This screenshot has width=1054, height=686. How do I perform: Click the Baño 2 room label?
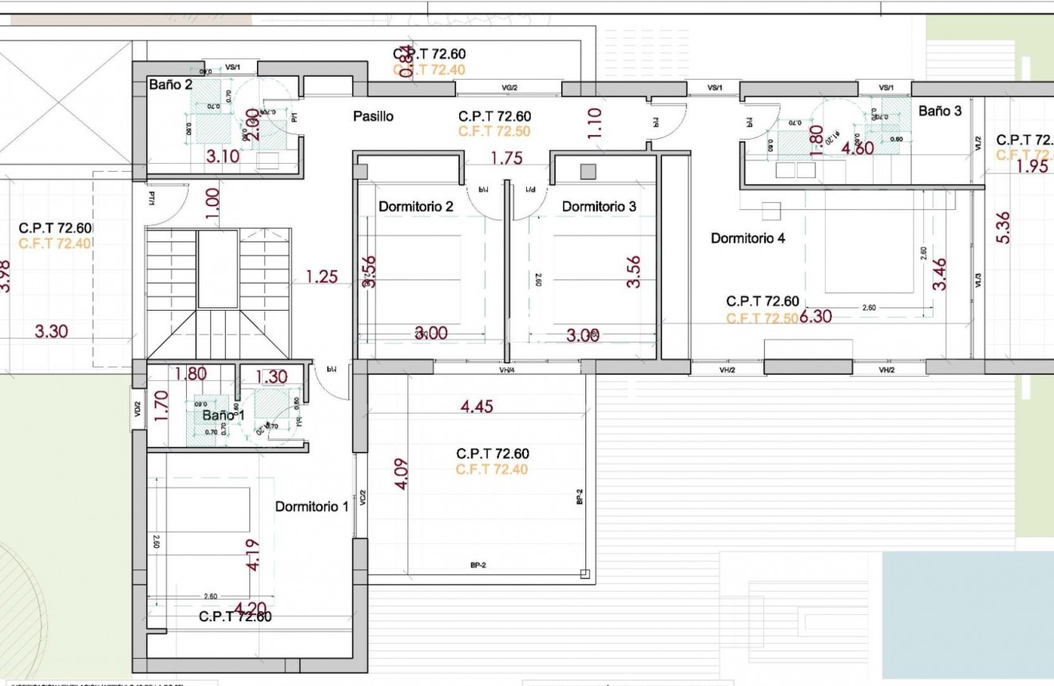pos(170,85)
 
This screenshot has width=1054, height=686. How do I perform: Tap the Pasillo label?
pos(373,117)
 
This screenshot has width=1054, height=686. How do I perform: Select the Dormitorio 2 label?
pos(416,207)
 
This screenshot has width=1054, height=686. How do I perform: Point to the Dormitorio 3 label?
pos(599,207)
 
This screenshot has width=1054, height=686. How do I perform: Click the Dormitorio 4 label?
pos(748,238)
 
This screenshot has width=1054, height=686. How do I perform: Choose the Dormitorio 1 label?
pos(311,507)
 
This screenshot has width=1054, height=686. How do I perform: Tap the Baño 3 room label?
pos(940,111)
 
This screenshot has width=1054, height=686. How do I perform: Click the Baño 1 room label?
pos(223,416)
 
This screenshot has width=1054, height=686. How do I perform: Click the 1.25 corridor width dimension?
pos(321,277)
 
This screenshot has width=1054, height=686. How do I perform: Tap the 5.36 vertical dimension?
pos(1004,227)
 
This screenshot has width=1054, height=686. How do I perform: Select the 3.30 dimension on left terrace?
pos(51,331)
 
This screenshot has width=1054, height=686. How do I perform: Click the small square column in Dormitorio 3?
pos(588,171)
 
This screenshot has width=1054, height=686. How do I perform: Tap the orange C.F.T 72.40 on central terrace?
pos(492,470)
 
